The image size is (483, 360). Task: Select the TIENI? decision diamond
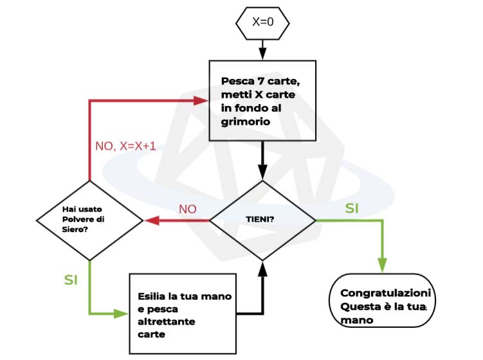[263, 220]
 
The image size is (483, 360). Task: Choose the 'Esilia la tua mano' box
[183, 312]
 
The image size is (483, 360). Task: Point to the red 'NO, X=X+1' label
[125, 146]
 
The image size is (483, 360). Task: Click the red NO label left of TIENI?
[187, 210]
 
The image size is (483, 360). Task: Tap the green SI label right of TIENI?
[352, 208]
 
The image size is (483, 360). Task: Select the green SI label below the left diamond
[71, 280]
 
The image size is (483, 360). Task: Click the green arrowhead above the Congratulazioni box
[383, 265]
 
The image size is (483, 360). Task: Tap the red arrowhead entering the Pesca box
[204, 101]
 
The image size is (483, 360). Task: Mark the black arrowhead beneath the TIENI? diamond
[263, 267]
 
